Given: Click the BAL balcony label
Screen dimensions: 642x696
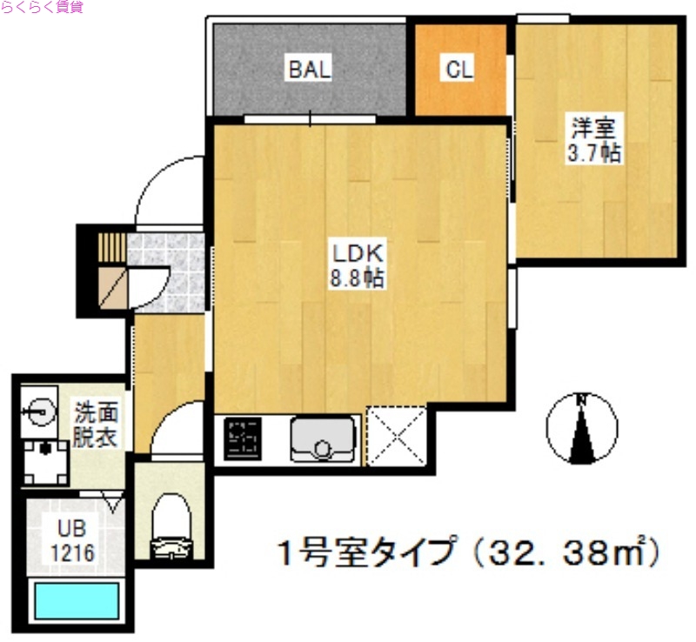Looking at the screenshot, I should point(310,70).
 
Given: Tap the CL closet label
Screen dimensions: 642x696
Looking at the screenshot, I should point(458,70).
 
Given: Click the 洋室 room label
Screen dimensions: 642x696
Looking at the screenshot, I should point(593,129).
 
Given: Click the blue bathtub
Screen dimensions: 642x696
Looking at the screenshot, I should point(76,600).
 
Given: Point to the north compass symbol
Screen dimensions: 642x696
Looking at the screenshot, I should point(581,426).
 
